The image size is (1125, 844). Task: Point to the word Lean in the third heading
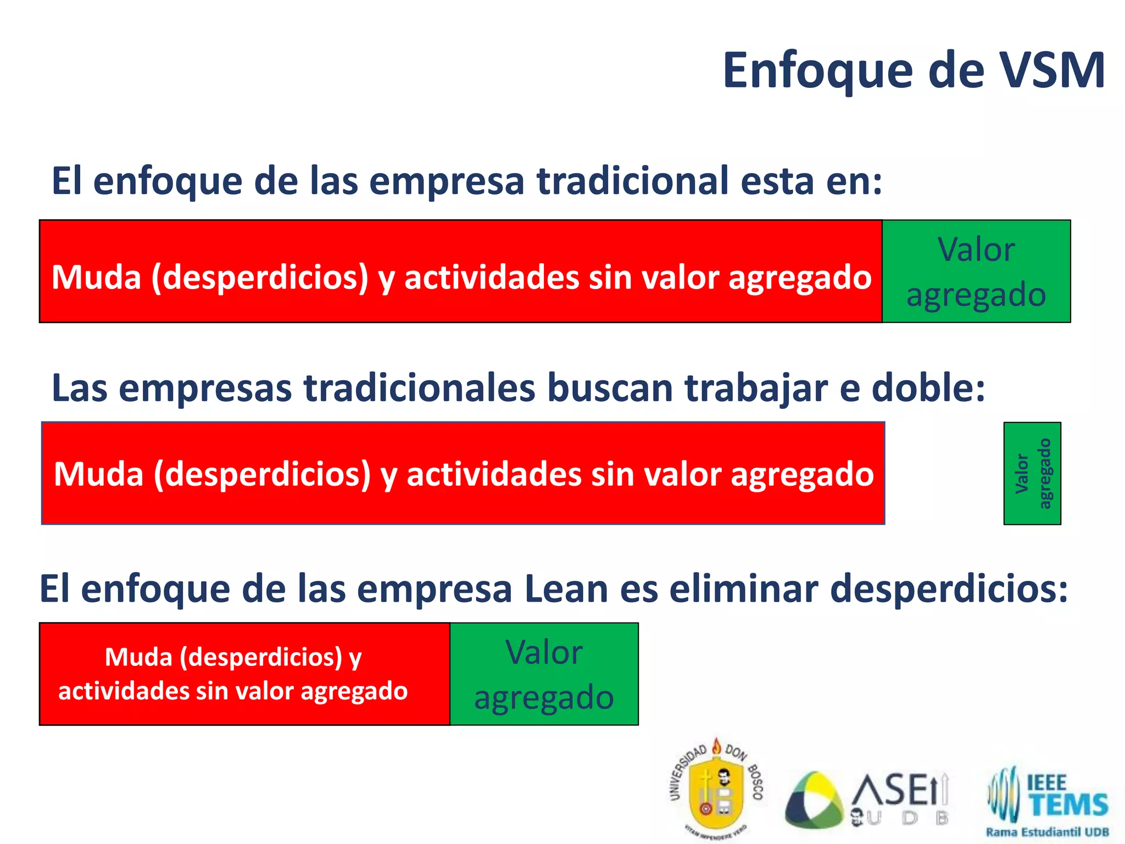point(566,589)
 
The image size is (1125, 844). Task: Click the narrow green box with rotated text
point(1032,473)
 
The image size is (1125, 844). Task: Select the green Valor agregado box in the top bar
point(976,271)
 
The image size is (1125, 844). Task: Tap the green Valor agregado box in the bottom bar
point(544,674)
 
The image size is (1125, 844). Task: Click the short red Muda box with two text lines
point(244,674)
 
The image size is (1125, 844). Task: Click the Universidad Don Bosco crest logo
point(716,789)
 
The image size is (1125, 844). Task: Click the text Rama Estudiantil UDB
point(1047,832)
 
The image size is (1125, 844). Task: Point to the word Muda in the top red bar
point(96,277)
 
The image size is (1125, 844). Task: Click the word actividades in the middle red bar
point(494,474)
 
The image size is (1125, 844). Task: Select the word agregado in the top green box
point(976,295)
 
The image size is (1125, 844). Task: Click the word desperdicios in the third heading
point(949,589)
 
